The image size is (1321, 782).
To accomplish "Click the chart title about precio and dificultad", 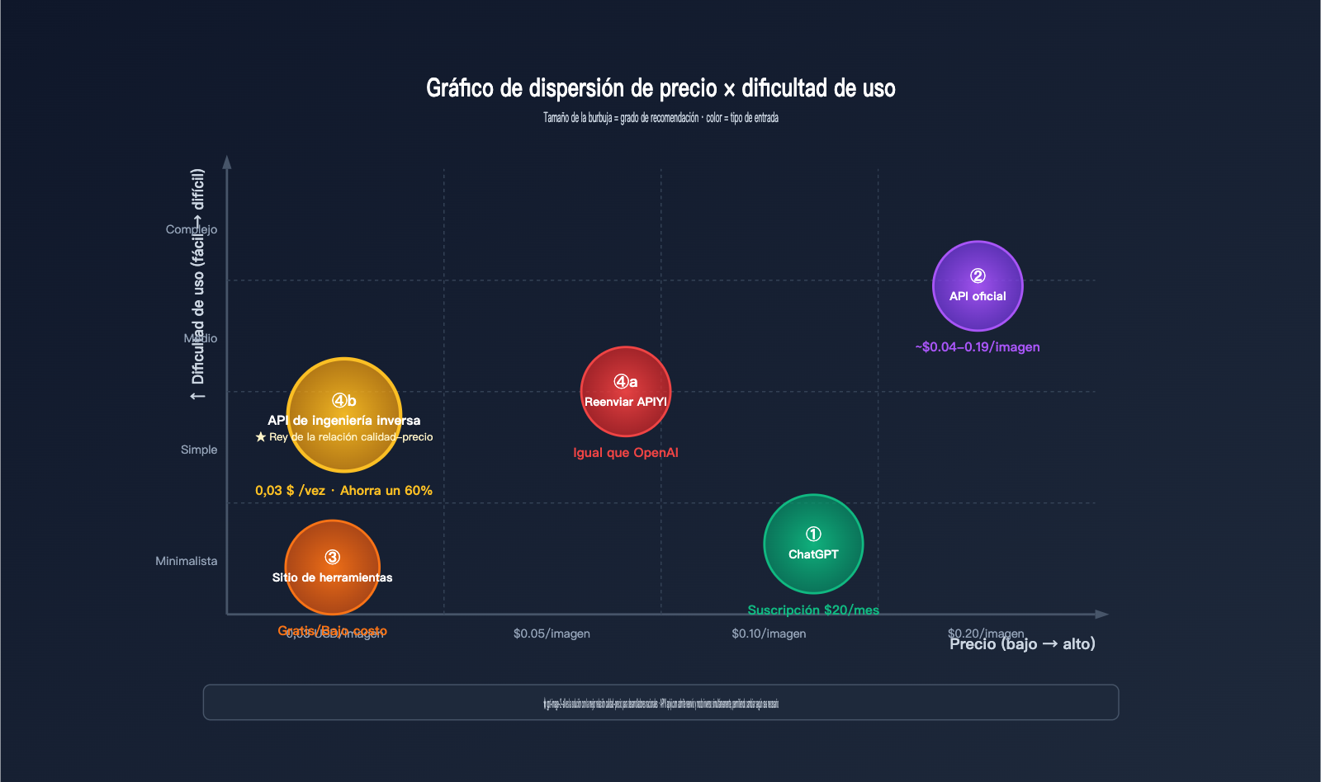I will click(x=660, y=88).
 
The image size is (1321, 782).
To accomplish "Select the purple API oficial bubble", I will click(x=978, y=285).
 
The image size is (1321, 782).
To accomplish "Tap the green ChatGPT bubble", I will click(x=813, y=544).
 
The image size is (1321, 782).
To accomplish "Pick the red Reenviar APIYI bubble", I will click(x=626, y=391).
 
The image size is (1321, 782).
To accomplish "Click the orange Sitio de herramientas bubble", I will click(x=332, y=567).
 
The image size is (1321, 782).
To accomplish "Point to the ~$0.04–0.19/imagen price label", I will click(x=978, y=347).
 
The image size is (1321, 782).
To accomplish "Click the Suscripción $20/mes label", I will click(x=813, y=610).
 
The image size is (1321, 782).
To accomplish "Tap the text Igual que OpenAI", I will click(x=626, y=453).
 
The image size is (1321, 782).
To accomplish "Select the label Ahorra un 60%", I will click(x=386, y=491).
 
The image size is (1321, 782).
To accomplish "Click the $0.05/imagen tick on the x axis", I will click(x=552, y=634).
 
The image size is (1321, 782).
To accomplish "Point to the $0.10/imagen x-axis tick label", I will click(x=769, y=634).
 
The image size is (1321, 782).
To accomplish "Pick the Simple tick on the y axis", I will click(x=199, y=450).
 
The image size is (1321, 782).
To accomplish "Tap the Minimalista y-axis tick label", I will click(x=187, y=561).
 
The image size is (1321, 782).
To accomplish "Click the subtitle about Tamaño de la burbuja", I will click(x=660, y=118).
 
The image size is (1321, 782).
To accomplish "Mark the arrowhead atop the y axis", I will click(x=227, y=163).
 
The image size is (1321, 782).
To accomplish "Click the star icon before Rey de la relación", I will click(x=261, y=437).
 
